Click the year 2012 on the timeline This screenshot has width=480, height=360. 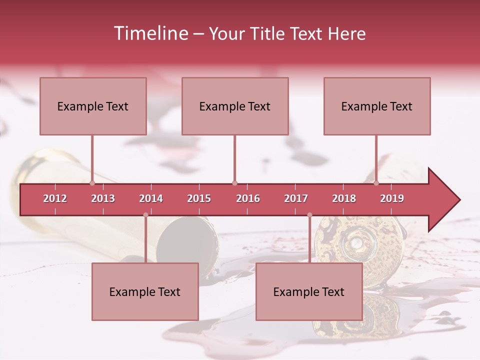[55, 198]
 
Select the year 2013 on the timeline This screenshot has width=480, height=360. [103, 198]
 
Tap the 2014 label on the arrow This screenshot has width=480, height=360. [151, 198]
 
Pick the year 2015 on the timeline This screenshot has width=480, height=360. [199, 198]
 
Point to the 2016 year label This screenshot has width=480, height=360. [248, 198]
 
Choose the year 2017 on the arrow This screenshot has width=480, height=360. [296, 198]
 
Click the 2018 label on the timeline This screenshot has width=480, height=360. [344, 198]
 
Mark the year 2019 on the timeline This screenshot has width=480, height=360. [392, 198]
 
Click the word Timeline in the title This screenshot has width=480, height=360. [150, 33]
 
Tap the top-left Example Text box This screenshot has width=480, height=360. [93, 106]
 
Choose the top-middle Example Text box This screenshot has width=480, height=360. [235, 106]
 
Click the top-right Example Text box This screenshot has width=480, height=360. [377, 106]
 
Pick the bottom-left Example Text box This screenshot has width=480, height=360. [145, 291]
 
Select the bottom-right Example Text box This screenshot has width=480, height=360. [309, 291]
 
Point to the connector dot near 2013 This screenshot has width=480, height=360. [92, 183]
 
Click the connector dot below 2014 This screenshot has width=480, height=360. [145, 215]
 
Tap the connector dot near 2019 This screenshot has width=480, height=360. [376, 183]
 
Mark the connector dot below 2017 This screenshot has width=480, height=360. [309, 215]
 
